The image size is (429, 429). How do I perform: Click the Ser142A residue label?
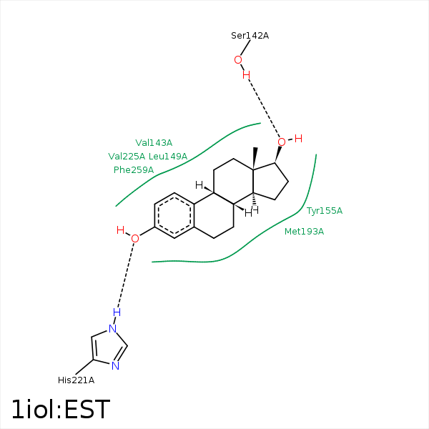point(250,36)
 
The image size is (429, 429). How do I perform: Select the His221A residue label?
point(76,380)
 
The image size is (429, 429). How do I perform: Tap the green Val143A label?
point(154,142)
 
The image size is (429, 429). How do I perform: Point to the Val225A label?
point(127,156)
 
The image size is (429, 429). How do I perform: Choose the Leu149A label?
point(168,156)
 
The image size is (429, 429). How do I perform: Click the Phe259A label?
point(134,170)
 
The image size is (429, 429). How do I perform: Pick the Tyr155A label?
point(324,211)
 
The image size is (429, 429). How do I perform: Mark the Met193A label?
point(305,232)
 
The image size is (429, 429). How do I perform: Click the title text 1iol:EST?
point(61,409)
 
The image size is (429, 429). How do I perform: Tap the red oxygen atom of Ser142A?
point(238,60)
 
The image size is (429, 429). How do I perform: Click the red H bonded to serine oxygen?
point(246,74)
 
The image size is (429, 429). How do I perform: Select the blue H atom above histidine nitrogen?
point(117,312)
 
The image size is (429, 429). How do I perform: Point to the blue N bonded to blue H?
point(113,329)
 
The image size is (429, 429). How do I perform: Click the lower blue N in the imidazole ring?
point(115,366)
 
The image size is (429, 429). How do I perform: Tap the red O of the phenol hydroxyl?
point(135,239)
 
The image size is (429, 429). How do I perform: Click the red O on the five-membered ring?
point(282,142)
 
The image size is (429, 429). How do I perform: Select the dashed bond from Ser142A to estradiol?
point(264,109)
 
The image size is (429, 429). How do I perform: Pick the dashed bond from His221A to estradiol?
point(126,275)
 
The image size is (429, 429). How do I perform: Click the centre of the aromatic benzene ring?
point(174,216)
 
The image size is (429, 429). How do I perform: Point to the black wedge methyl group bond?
point(255,159)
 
